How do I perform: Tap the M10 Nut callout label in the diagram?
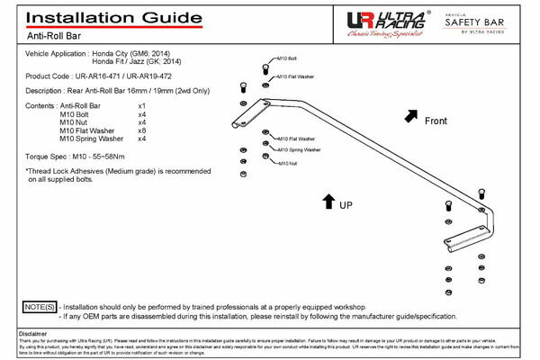point(287,163)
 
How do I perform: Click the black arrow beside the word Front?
point(411,114)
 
